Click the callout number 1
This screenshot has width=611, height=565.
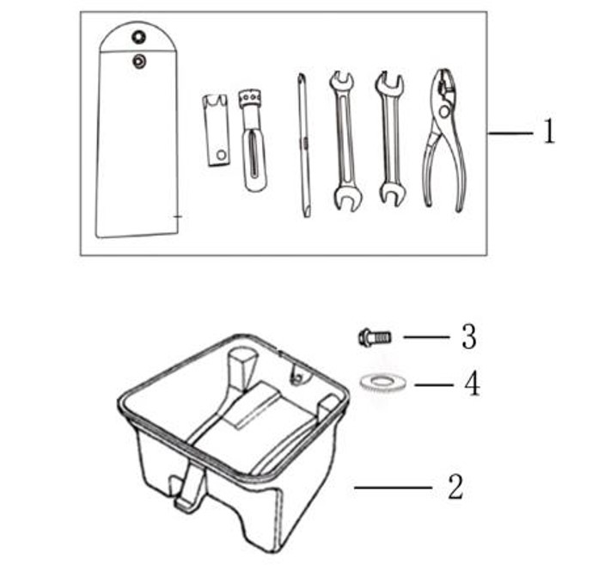[549, 131]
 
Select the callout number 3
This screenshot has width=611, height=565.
[468, 336]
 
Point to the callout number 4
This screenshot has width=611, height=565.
[472, 384]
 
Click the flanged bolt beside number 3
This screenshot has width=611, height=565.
[375, 337]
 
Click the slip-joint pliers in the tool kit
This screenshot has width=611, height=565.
[444, 140]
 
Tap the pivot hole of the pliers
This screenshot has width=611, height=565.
[443, 112]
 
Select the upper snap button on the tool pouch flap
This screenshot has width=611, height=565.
[138, 37]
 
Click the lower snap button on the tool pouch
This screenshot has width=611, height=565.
[139, 61]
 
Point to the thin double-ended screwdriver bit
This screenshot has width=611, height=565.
[304, 145]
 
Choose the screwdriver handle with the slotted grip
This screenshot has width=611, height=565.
[254, 140]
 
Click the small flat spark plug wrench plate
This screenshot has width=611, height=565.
[216, 130]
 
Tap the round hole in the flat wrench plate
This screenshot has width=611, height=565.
[222, 155]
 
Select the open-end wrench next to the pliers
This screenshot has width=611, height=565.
[390, 138]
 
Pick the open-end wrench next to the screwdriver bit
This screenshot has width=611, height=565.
[345, 140]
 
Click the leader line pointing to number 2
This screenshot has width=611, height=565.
[393, 488]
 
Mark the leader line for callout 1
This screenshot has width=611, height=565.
[510, 133]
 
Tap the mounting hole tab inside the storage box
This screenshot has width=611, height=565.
[299, 373]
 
